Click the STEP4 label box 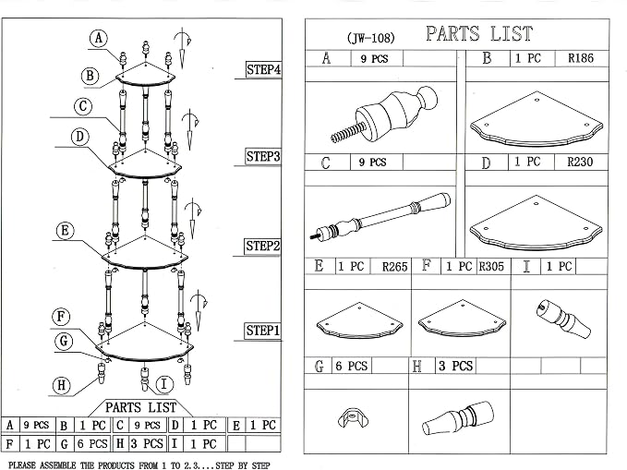263,69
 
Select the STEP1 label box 262,331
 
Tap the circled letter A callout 99,39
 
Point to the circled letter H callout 62,385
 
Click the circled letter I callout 164,384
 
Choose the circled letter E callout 66,231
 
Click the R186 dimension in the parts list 581,58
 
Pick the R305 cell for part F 491,267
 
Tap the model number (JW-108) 370,38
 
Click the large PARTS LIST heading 479,33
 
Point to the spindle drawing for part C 380,216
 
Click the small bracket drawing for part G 353,417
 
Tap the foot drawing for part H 458,418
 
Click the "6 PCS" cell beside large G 352,366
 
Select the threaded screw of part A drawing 347,132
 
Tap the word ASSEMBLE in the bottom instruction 57,465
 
